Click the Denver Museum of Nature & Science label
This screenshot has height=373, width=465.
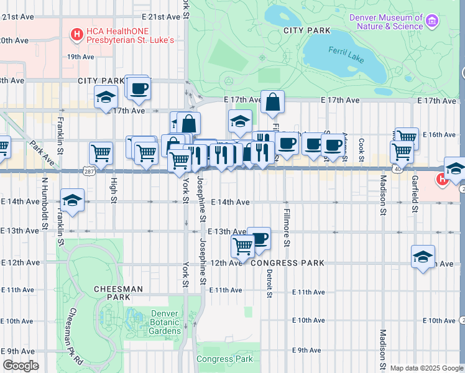385,22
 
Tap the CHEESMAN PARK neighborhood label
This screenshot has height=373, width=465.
118,293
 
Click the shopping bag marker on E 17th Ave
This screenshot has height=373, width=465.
272,102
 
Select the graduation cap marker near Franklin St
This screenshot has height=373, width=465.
72,200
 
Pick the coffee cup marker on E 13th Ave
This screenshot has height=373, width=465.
259,238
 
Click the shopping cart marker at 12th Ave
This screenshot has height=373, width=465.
242,246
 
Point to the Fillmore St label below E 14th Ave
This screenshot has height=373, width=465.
287,228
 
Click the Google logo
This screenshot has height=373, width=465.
21,366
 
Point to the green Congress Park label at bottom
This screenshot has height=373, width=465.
224,359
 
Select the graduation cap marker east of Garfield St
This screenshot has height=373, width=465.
423,257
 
